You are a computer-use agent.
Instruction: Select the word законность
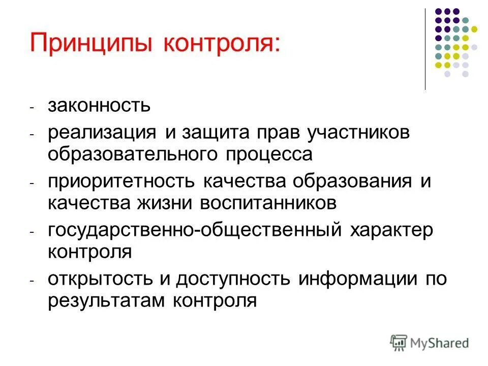(x=99, y=106)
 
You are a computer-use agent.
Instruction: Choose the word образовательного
(x=134, y=154)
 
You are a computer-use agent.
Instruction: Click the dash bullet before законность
(x=32, y=108)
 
